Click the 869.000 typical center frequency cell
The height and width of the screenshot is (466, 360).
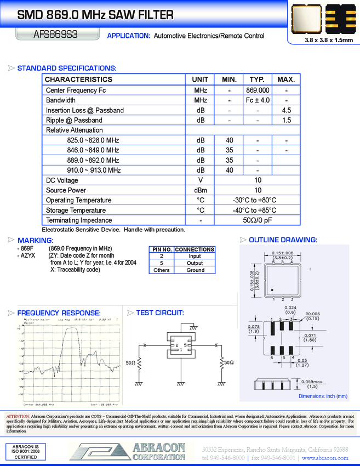click(x=258, y=90)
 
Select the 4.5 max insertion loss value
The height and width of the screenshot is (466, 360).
click(x=286, y=110)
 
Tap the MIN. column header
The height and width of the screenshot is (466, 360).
click(x=229, y=79)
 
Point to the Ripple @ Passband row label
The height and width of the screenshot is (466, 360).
click(x=74, y=120)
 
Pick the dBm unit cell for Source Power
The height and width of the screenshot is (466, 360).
click(x=200, y=190)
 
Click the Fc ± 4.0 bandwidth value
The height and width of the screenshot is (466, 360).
click(x=258, y=100)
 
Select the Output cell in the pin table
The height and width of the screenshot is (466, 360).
click(x=195, y=263)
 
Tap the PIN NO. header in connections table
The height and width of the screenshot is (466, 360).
click(x=161, y=249)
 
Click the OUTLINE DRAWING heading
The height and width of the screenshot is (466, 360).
click(x=283, y=240)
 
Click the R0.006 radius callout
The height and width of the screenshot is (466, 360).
click(x=312, y=314)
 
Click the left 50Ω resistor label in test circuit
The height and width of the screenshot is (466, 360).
click(x=132, y=363)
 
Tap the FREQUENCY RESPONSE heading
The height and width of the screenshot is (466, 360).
click(x=59, y=313)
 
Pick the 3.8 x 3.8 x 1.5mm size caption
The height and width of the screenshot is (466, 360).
click(x=321, y=41)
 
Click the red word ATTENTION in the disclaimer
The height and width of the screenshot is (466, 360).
click(x=18, y=417)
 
